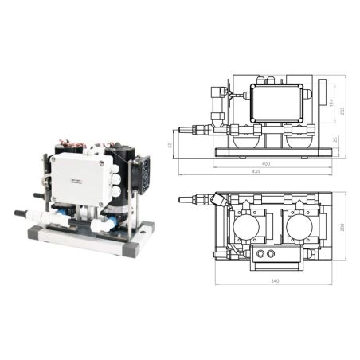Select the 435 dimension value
point(257,173)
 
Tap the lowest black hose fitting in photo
point(20,213)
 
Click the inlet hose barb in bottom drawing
point(189,200)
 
